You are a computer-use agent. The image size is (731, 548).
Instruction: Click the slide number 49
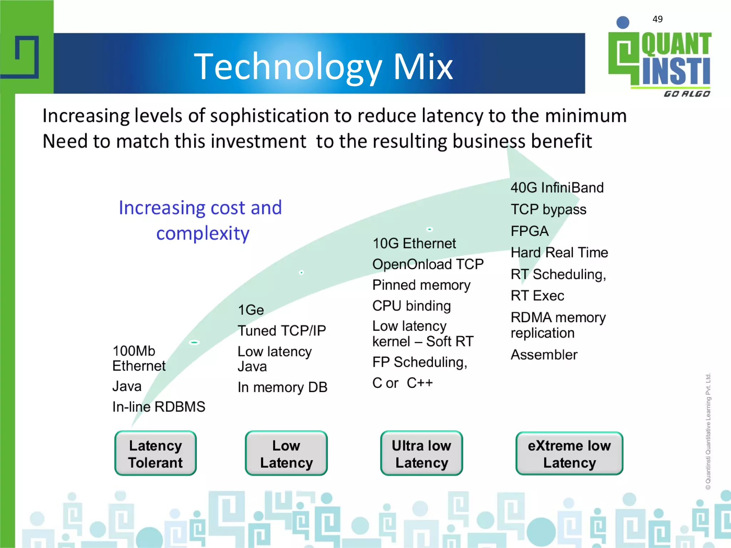click(x=657, y=19)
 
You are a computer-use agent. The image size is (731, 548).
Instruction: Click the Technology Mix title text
click(x=323, y=66)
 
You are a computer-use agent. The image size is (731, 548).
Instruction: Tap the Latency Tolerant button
click(x=155, y=453)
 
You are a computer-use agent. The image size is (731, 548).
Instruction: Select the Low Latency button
click(x=286, y=453)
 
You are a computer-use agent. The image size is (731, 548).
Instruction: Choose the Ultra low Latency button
click(x=421, y=453)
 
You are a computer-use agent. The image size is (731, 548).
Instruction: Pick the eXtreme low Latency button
click(x=569, y=453)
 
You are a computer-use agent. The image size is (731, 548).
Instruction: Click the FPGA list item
click(x=529, y=231)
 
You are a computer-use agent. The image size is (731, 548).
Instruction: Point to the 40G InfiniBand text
click(x=557, y=188)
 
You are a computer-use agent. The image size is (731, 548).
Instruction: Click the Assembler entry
click(x=544, y=355)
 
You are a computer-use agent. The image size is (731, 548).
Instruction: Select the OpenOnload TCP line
click(x=428, y=264)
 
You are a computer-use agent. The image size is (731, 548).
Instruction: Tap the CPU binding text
click(x=411, y=306)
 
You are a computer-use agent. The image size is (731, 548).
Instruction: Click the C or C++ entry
click(x=402, y=383)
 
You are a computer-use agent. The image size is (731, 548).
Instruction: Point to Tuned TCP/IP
click(x=282, y=331)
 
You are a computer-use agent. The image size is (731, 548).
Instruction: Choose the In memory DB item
click(x=282, y=387)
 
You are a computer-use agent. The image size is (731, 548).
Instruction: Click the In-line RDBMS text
click(x=158, y=407)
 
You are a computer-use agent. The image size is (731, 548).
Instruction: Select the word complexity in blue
click(x=203, y=234)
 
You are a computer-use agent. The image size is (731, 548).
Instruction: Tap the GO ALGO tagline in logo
click(x=686, y=94)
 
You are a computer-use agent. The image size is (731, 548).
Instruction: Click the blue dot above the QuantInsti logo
click(x=622, y=22)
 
